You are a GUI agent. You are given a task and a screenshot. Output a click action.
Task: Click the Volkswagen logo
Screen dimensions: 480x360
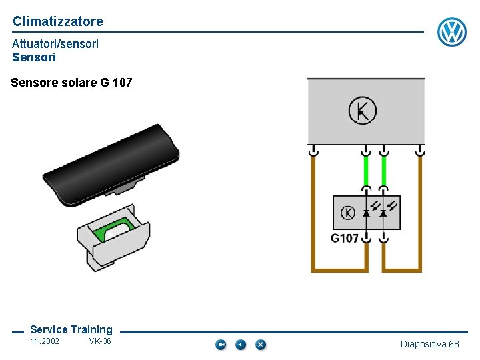[x=451, y=32]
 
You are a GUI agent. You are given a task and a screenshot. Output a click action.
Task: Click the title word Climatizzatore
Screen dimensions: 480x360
[x=58, y=21]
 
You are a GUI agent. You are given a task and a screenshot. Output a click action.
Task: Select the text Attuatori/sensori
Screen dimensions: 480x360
[x=55, y=43]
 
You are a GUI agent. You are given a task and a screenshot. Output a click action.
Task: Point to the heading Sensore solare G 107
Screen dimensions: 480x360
[x=72, y=83]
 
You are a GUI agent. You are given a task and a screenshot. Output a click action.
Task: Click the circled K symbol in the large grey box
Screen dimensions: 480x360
[x=363, y=110]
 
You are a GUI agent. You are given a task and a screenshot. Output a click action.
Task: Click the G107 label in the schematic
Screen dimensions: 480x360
[x=345, y=238]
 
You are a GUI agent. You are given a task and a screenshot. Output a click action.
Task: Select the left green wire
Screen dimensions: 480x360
[x=365, y=171]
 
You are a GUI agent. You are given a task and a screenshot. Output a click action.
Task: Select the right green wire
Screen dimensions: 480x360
[x=384, y=171]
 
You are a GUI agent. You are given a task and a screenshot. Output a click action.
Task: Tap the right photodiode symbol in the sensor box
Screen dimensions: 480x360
[x=383, y=213]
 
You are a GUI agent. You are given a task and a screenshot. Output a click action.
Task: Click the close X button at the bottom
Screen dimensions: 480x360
[x=261, y=345]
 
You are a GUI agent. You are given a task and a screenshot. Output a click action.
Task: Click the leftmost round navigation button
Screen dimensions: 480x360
[x=221, y=345]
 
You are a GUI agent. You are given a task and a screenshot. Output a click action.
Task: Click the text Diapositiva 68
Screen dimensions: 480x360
[x=429, y=344]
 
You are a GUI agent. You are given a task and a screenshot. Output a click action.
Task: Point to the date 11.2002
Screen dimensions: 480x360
[x=45, y=341]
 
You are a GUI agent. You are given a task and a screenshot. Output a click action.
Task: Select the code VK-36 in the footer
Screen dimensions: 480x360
[x=100, y=341]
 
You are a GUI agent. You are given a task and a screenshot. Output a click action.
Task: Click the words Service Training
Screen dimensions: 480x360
[x=71, y=329]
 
